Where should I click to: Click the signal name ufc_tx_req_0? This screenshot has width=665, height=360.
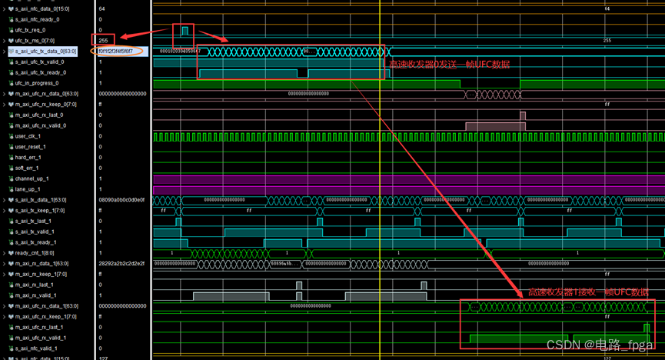point(30,30)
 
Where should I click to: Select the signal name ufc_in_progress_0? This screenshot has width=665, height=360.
point(36,83)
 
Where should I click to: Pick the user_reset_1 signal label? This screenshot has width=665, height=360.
point(31,146)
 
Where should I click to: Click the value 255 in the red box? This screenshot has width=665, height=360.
point(103,40)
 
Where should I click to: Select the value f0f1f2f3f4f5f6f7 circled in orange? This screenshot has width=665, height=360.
point(116,52)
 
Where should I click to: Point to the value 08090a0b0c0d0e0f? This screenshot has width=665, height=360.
point(121,200)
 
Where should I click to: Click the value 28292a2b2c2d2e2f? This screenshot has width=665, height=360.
point(121,263)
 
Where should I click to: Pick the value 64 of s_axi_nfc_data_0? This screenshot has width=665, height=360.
point(101,8)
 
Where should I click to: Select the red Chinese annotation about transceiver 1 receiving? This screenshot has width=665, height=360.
point(588,293)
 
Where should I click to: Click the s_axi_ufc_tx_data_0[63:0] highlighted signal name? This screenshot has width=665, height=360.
point(51,52)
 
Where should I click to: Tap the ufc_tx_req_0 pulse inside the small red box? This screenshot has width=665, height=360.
point(185,30)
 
